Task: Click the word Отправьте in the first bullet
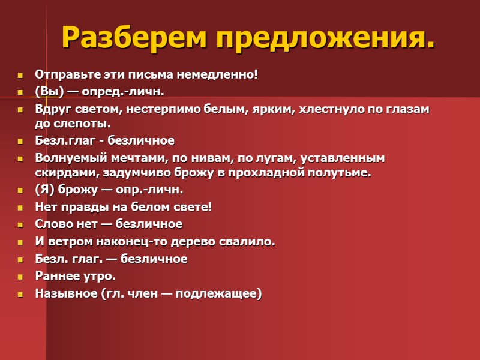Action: pos(61,76)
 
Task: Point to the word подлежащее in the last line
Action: pos(220,294)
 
